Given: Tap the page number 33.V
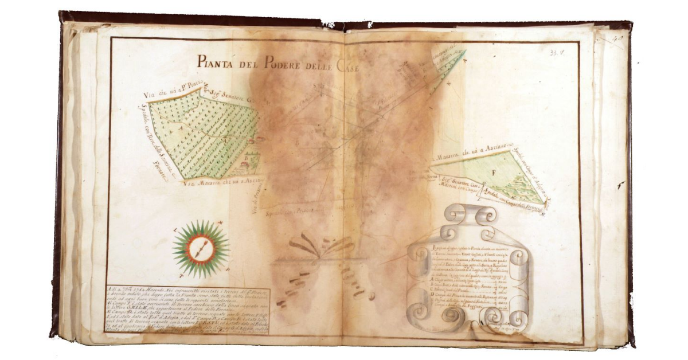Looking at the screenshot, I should (555, 52).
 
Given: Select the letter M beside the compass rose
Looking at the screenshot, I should (221, 224).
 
